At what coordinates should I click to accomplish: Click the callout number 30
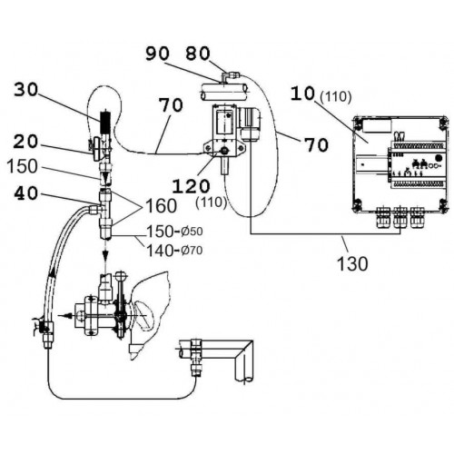(x=26, y=90)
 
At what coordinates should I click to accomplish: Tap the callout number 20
(x=25, y=142)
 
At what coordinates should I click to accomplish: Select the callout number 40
(x=26, y=193)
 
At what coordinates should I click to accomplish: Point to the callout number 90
(x=157, y=54)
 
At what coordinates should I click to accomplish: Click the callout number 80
(x=198, y=54)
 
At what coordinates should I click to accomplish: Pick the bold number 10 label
(x=303, y=94)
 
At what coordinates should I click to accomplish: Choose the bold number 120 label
(x=191, y=186)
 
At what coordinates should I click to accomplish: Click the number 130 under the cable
(x=352, y=263)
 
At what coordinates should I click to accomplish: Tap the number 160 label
(x=162, y=206)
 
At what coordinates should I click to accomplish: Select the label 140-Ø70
(x=174, y=251)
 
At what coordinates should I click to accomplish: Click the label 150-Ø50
(x=174, y=232)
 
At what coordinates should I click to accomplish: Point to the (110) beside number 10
(x=336, y=97)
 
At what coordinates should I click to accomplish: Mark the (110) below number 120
(x=212, y=202)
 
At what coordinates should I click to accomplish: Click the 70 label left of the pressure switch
(x=171, y=105)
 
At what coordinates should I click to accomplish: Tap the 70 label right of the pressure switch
(x=316, y=144)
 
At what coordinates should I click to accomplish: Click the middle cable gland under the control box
(x=400, y=218)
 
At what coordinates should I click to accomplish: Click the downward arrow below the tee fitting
(x=105, y=254)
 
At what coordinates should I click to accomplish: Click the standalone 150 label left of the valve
(x=22, y=167)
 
